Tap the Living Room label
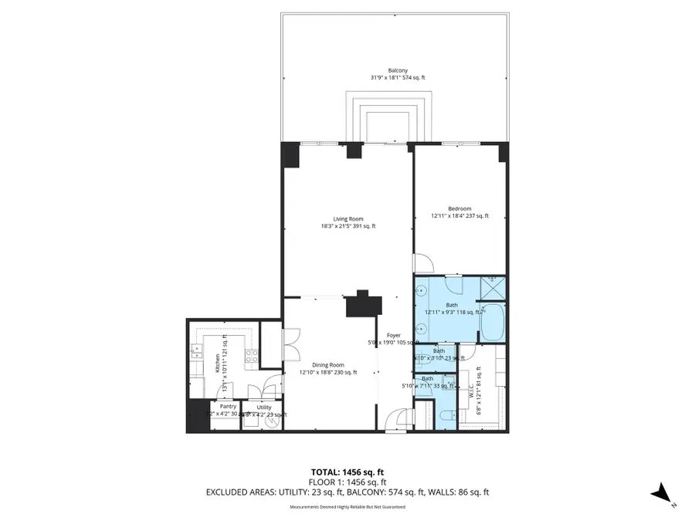click(347, 218)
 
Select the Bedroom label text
click(459, 208)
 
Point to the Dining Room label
click(329, 365)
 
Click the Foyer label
click(395, 335)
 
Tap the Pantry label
click(228, 406)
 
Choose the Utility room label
click(264, 407)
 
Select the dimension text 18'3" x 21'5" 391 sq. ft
click(347, 226)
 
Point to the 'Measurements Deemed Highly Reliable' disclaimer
click(347, 506)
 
